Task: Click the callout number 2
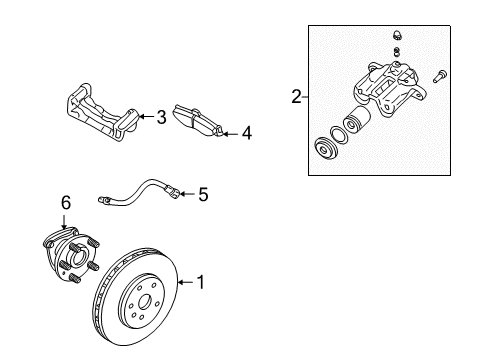296,97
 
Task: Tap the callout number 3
161,117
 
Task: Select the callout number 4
246,131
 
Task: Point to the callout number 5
202,195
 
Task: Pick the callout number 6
66,203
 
